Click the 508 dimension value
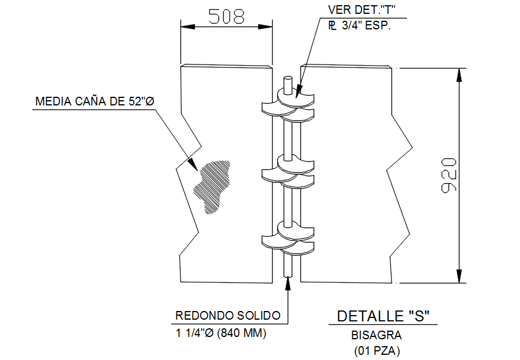tap(226, 16)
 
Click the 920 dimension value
tap(450, 174)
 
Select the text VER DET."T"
tap(361, 10)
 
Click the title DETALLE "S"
tap(383, 316)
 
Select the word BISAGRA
tap(376, 335)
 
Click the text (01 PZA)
tap(376, 350)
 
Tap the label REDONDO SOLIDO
tap(228, 316)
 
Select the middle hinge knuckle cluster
tap(288, 171)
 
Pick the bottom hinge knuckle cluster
tap(288, 237)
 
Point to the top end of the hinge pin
tap(288, 79)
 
